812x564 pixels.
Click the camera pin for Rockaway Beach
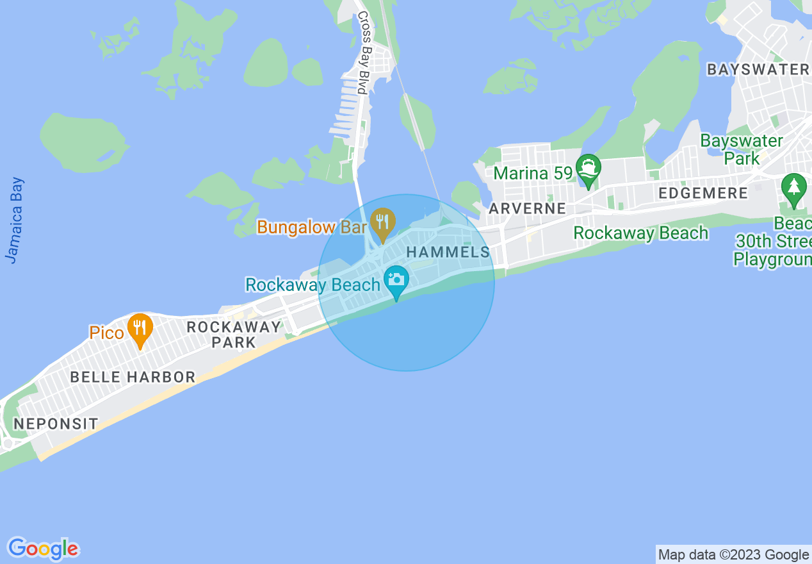[x=396, y=280]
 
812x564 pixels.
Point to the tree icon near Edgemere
[x=794, y=188]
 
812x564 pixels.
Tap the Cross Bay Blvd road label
[x=362, y=53]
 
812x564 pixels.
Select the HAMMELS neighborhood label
[x=448, y=252]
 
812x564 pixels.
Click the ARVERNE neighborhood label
[x=527, y=208]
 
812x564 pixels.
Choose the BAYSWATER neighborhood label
[x=758, y=70]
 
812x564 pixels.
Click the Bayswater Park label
[x=742, y=149]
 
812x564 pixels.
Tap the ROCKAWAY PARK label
[x=234, y=335]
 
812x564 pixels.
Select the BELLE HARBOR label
[x=133, y=377]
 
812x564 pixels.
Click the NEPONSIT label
[x=56, y=424]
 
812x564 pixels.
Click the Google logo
[x=44, y=549]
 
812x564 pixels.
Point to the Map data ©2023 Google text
[x=733, y=555]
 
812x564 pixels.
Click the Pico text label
[x=106, y=333]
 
